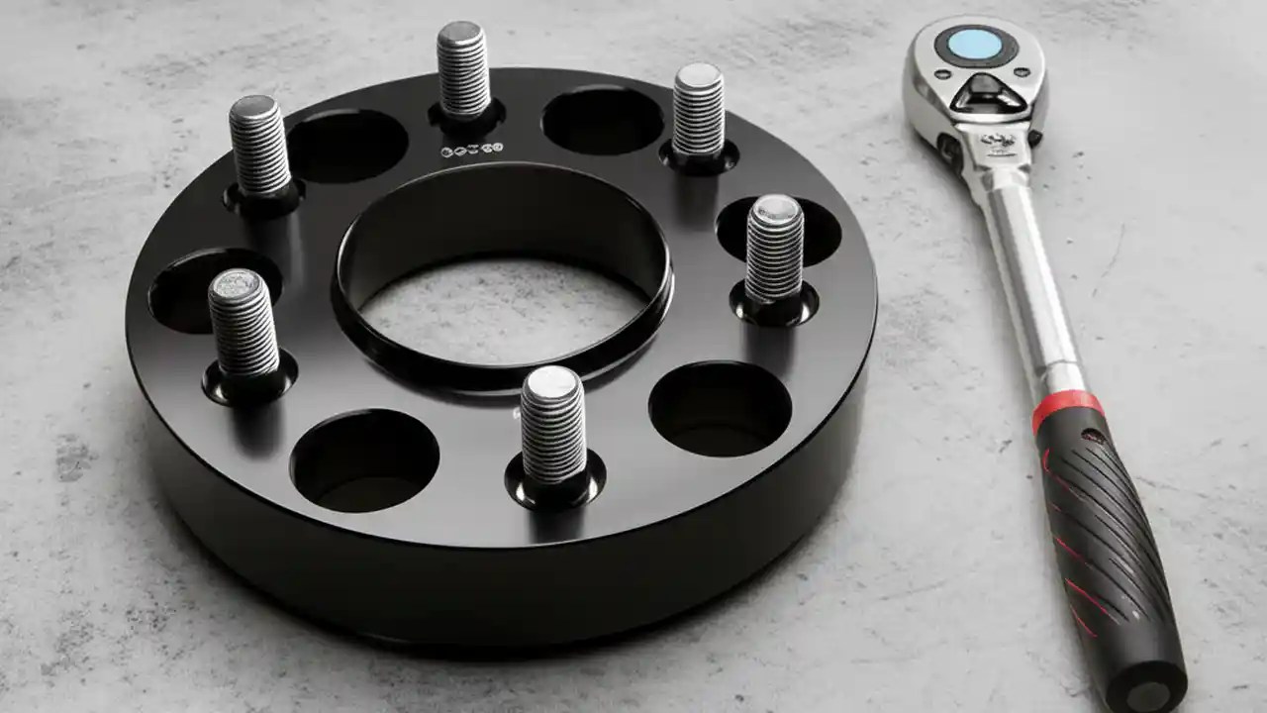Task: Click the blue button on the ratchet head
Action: tap(974, 45)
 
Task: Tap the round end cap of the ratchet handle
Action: tap(1147, 687)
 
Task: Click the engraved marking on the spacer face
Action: tap(471, 151)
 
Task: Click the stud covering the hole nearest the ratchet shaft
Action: tap(774, 249)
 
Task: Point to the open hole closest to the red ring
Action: tap(720, 408)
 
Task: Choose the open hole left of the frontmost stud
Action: tap(364, 461)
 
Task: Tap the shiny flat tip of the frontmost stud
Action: tap(550, 380)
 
